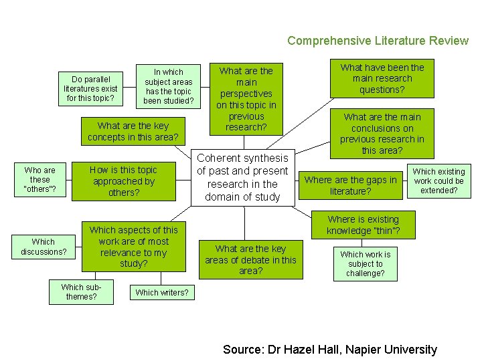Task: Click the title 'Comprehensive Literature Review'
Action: (378, 41)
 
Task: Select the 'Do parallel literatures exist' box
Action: (90, 89)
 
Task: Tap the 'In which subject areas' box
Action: (168, 86)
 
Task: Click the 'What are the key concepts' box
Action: (133, 132)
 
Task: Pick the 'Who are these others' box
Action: (40, 180)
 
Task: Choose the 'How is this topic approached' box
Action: (124, 181)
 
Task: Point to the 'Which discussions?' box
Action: (44, 247)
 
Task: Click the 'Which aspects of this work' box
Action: (133, 247)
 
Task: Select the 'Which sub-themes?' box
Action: (81, 292)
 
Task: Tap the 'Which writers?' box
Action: (162, 292)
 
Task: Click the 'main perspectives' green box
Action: (246, 98)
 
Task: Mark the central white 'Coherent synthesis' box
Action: (242, 177)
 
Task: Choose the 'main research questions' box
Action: (382, 79)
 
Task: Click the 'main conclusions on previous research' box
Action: (382, 134)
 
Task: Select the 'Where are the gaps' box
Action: (351, 185)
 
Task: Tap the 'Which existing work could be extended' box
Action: (438, 180)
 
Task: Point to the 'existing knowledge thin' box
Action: (363, 225)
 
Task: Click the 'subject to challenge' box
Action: (365, 263)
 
